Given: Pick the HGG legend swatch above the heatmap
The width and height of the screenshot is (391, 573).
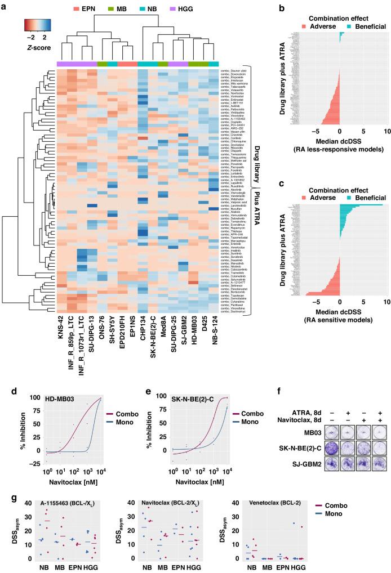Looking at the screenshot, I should coord(178,10).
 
